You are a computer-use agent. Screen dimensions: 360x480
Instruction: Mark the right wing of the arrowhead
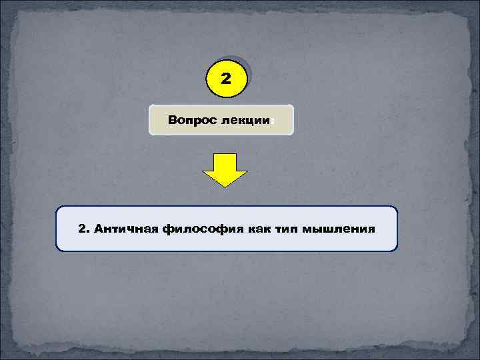pyautogui.click(x=241, y=175)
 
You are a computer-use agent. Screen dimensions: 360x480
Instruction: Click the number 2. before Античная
pyautogui.click(x=83, y=229)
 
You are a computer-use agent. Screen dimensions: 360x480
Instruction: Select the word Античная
pyautogui.click(x=126, y=229)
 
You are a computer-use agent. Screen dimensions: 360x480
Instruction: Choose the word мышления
pyautogui.click(x=339, y=229)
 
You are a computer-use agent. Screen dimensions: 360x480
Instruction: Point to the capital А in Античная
pyautogui.click(x=100, y=229)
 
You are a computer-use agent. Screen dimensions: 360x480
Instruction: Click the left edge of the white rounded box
pyautogui.click(x=57, y=229)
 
